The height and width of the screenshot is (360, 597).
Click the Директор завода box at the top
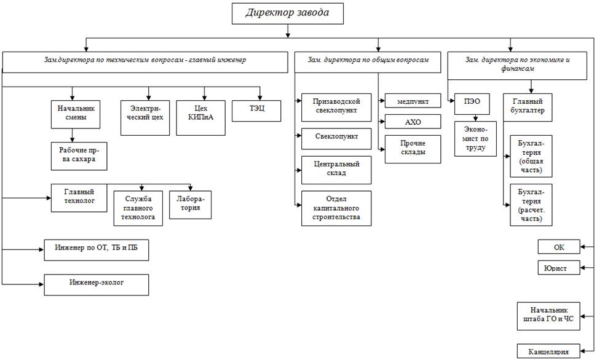[287, 14]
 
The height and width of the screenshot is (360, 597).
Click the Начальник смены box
[76, 113]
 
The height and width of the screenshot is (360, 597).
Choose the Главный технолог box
[79, 197]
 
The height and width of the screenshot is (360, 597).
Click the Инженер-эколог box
[96, 284]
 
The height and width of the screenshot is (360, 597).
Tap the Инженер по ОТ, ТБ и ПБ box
[96, 251]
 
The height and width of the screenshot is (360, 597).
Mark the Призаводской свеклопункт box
[336, 107]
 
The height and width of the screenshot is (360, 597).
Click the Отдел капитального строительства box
[336, 208]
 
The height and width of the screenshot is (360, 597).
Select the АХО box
[413, 122]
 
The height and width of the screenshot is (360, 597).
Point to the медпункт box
[413, 101]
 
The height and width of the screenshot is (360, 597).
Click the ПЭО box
[472, 104]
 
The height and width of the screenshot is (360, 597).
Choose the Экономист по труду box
[476, 138]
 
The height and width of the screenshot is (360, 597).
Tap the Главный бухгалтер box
[528, 107]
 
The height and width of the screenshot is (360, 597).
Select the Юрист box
[558, 268]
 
